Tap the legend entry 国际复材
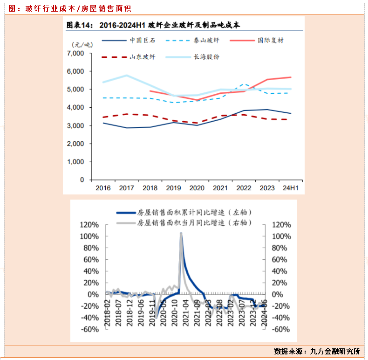pos(270,40)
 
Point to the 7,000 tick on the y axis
pos(75,54)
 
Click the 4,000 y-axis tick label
pos(75,108)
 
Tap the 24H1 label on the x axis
pos(290,188)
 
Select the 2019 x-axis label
pos(173,188)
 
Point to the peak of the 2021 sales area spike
pos(181,233)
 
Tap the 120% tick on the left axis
pos(90,225)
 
